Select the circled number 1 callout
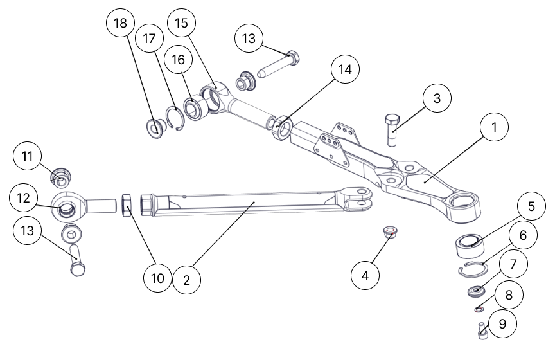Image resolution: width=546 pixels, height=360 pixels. pos(494,128)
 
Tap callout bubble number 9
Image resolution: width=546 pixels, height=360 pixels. pos(502,324)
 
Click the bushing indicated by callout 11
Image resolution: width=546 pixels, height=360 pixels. pos(60,174)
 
